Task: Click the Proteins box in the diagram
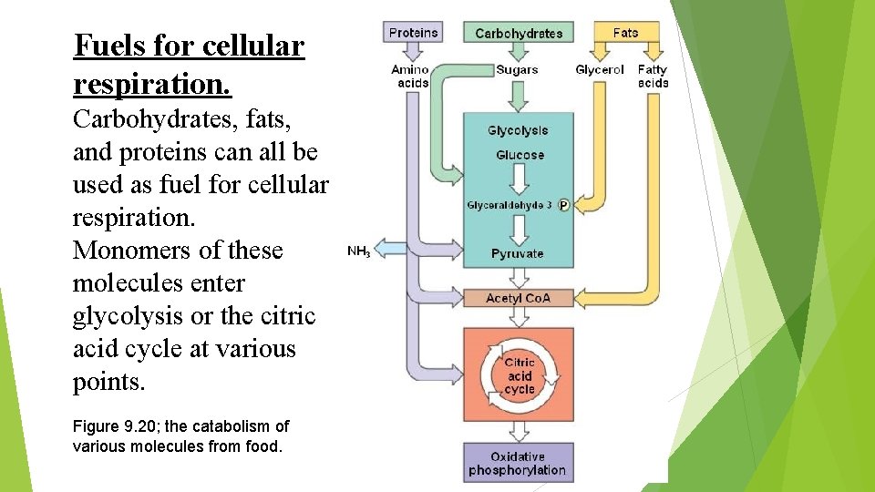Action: pyautogui.click(x=413, y=33)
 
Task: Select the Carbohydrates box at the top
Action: pyautogui.click(x=519, y=33)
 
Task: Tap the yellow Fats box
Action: pyautogui.click(x=625, y=33)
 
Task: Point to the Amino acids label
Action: pyautogui.click(x=410, y=77)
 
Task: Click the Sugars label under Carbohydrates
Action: pyautogui.click(x=517, y=70)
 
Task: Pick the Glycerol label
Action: pyautogui.click(x=600, y=70)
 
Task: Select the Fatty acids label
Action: pyautogui.click(x=653, y=77)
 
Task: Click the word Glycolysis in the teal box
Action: pyautogui.click(x=518, y=131)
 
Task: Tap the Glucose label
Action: pyautogui.click(x=520, y=155)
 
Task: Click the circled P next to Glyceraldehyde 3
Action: pyautogui.click(x=562, y=206)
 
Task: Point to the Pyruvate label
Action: pyautogui.click(x=517, y=253)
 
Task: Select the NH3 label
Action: pyautogui.click(x=358, y=251)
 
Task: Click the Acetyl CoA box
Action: pyautogui.click(x=518, y=298)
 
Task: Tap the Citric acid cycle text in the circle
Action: pyautogui.click(x=520, y=376)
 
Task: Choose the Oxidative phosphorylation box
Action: pyautogui.click(x=517, y=464)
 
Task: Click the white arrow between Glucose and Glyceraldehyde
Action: pyautogui.click(x=519, y=181)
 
